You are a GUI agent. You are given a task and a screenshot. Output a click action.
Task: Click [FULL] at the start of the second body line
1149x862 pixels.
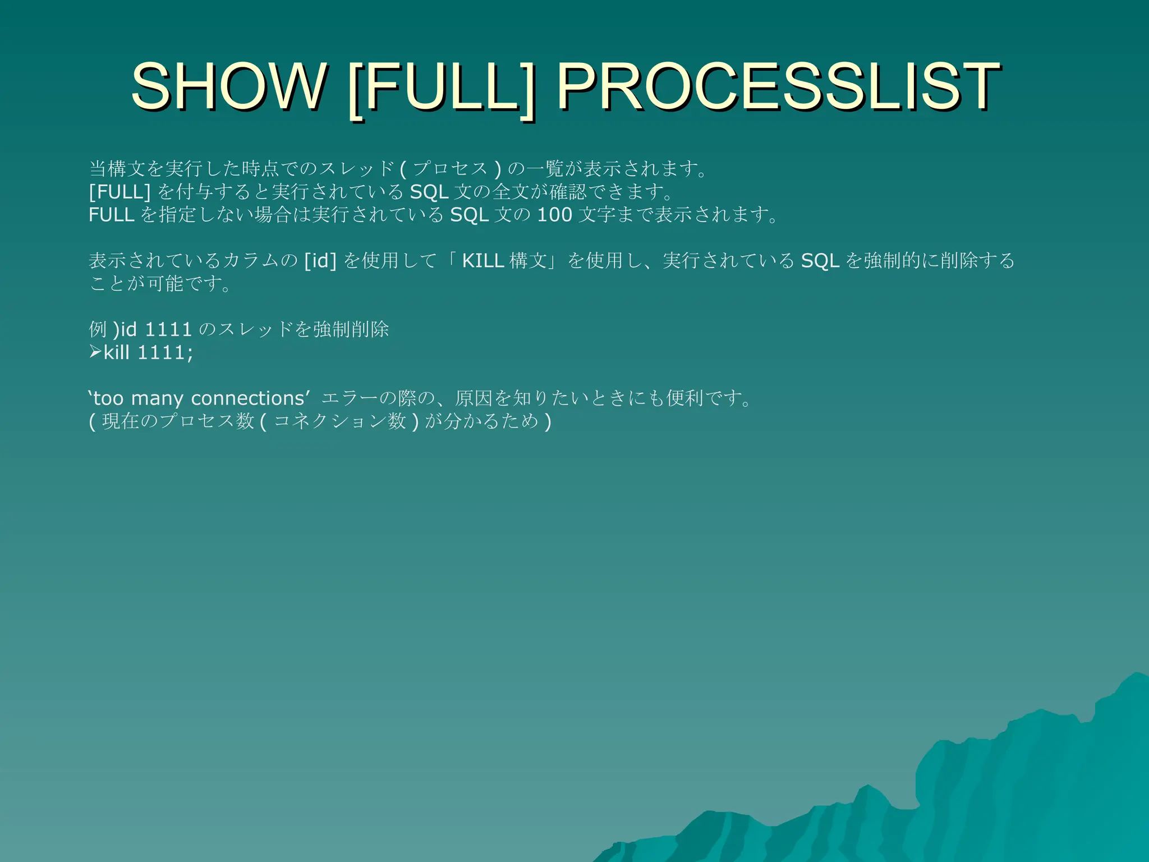[120, 192]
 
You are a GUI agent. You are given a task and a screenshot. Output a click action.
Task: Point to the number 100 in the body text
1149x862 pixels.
[554, 214]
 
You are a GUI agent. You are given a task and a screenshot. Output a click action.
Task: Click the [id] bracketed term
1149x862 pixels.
[320, 260]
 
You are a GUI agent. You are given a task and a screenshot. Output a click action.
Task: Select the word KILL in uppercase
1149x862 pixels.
[482, 260]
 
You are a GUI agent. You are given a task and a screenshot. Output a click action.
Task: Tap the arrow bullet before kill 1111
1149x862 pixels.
[95, 352]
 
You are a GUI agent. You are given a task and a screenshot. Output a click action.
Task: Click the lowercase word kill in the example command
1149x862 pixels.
[117, 352]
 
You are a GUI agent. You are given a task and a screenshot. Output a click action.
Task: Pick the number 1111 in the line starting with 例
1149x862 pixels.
[168, 329]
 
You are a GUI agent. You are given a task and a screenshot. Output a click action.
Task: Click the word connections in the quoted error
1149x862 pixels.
[247, 398]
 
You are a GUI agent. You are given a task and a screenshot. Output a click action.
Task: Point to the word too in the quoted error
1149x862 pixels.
[108, 398]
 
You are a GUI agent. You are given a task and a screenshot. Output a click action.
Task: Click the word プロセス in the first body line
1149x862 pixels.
[450, 168]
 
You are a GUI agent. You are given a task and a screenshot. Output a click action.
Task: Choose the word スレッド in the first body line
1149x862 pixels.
[356, 168]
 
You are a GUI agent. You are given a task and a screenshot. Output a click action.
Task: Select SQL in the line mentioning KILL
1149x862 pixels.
[820, 260]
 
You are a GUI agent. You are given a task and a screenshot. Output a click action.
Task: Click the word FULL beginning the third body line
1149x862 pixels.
[111, 214]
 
